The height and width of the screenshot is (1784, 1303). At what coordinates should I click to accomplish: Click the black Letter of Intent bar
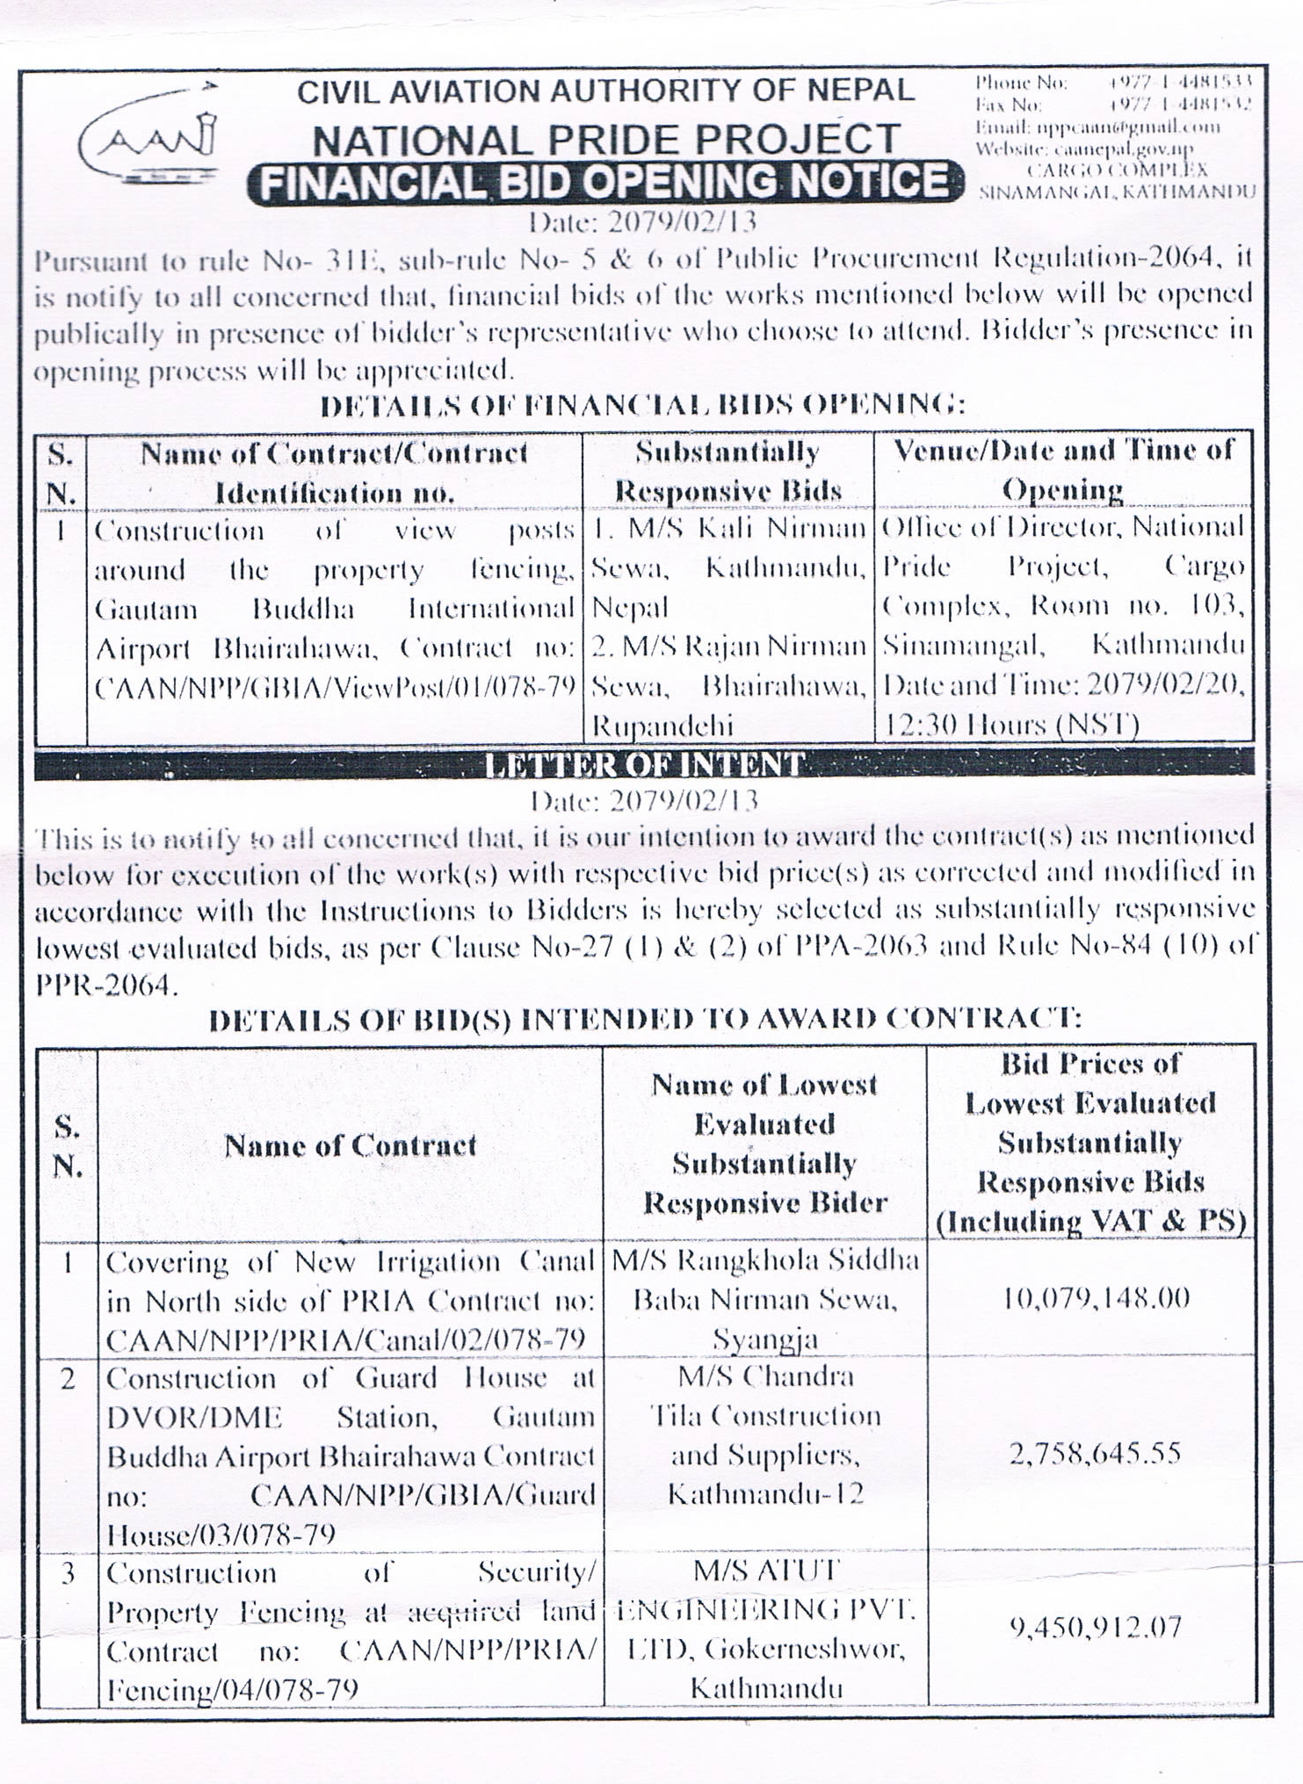coord(644,764)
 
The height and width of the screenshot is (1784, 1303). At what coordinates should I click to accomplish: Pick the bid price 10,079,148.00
coord(1096,1298)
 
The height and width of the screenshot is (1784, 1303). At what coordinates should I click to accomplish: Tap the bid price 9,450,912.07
coord(1095,1629)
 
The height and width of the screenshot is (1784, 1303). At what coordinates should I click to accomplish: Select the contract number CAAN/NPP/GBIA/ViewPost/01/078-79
coord(335,686)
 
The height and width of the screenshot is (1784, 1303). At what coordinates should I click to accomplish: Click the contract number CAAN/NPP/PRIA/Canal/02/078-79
coord(346,1339)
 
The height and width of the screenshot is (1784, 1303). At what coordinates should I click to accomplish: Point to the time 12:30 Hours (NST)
coord(1010,725)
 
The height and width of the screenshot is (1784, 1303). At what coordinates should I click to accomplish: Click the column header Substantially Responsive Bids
coord(728,471)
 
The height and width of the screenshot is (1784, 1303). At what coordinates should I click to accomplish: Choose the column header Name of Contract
coord(350,1145)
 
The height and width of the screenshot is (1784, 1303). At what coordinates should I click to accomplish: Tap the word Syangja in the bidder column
coord(764,1340)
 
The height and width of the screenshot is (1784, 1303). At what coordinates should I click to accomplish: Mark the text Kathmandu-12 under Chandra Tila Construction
coord(765,1494)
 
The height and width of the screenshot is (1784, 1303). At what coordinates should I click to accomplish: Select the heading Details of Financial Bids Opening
coord(642,405)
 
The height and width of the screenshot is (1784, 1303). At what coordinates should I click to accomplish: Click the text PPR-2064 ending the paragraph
coord(105,986)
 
